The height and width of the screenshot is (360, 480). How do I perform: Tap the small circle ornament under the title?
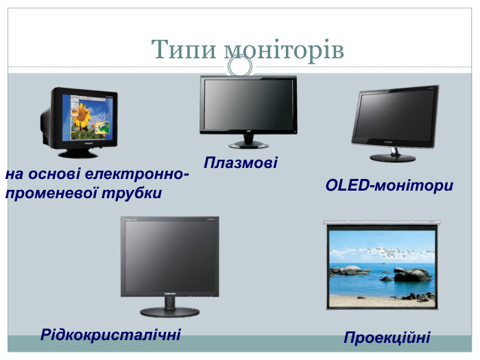(x=240, y=66)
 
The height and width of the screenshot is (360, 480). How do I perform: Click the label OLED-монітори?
(x=389, y=185)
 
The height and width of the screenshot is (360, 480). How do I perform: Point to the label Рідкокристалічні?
(x=110, y=335)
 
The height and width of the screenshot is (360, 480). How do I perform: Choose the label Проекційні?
(x=387, y=337)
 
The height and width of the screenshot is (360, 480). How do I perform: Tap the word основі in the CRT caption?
(x=56, y=174)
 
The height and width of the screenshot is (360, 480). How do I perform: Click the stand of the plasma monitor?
(x=248, y=142)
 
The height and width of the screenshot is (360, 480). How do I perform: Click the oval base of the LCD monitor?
(x=170, y=311)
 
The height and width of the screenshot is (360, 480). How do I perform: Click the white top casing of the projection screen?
(x=381, y=223)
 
